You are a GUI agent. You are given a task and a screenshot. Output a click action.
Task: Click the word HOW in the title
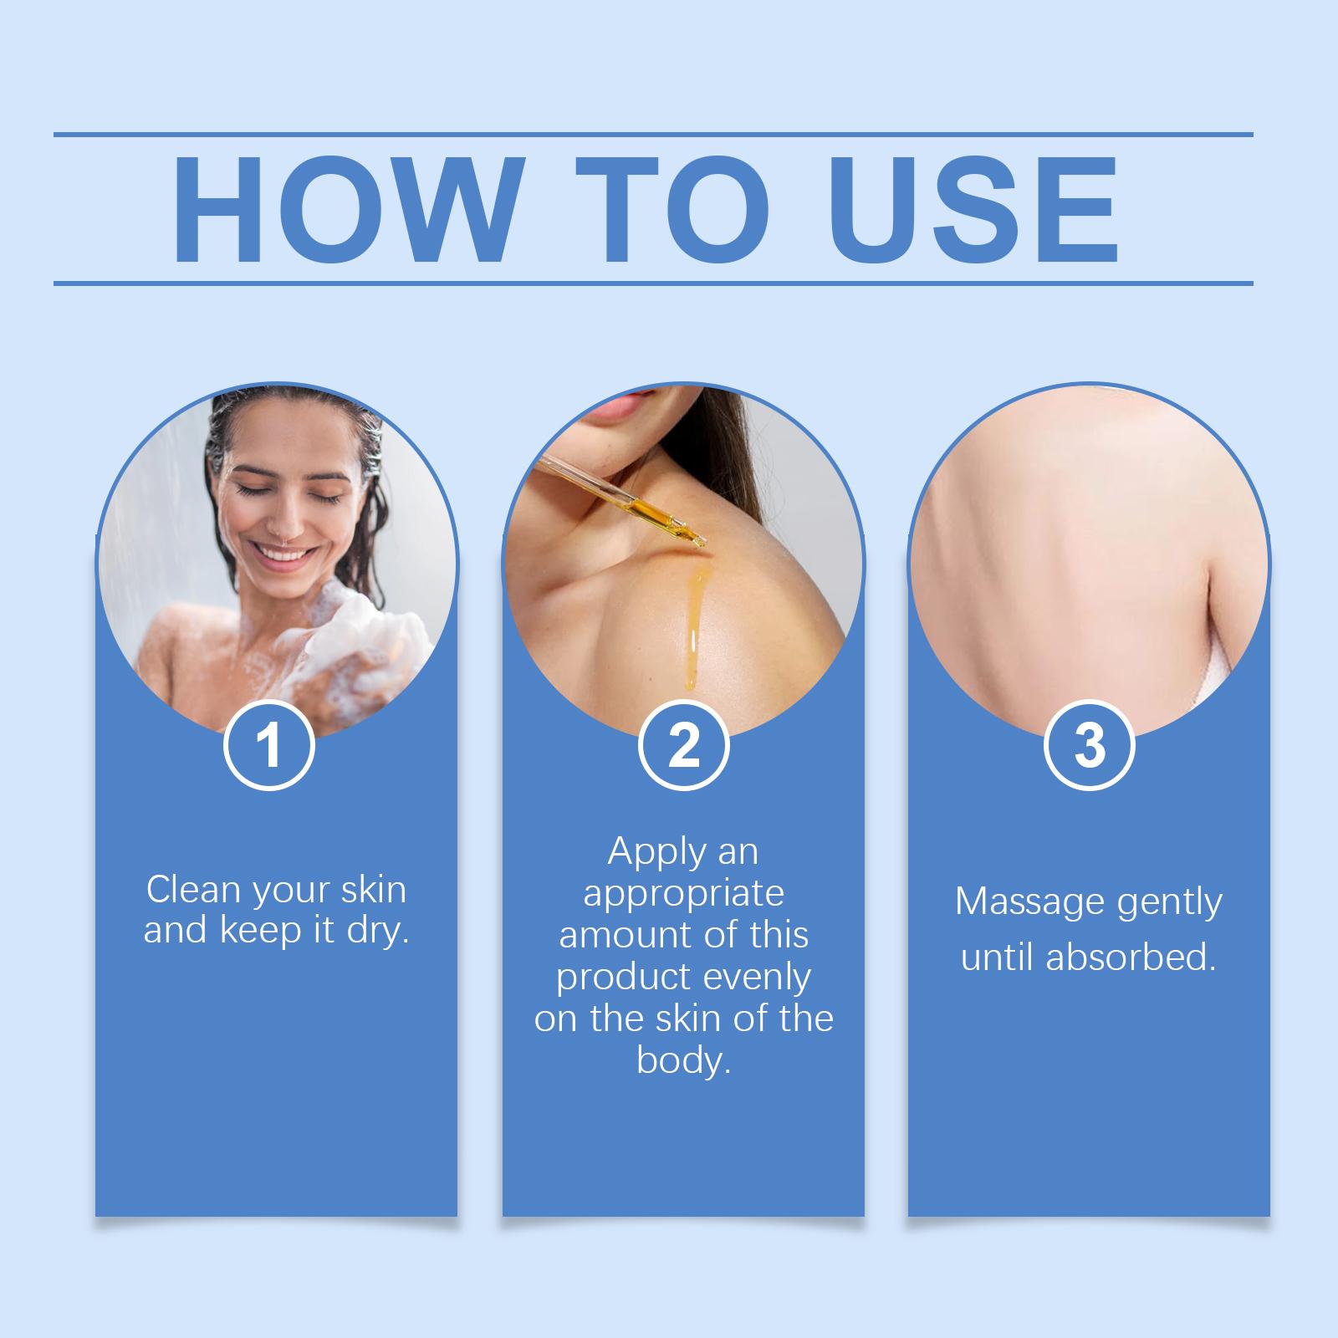345,208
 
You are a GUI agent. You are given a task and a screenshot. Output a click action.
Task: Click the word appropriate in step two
683,894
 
